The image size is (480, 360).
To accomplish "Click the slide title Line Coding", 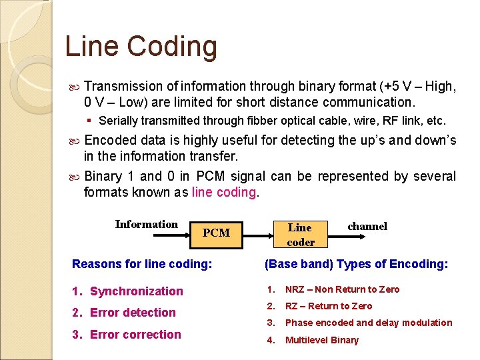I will coord(141,47).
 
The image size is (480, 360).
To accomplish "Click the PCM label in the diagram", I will coord(215,233).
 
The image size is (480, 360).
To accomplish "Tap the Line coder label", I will coord(300,235).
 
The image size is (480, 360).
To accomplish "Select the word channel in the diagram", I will coord(367,226).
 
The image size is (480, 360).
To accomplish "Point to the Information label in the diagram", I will coord(146,224).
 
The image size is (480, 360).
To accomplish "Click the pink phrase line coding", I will coord(224,192).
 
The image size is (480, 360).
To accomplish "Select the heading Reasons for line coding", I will coord(142,264).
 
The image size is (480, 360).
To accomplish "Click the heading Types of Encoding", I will coord(356,264).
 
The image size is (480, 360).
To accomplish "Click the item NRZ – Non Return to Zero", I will coord(342,289).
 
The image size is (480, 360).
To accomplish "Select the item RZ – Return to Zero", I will coord(329,306).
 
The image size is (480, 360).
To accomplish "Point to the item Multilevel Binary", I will coord(321,340).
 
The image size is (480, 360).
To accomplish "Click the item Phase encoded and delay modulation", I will coord(368,323).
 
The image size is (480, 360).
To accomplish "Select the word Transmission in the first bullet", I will coord(123,86).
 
